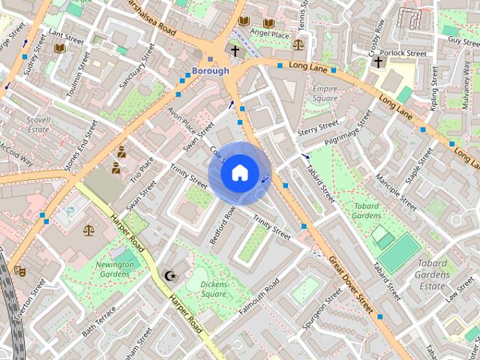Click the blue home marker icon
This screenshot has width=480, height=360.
coord(238,173)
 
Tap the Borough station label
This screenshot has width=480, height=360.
coord(210,71)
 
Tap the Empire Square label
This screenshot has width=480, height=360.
coord(325,94)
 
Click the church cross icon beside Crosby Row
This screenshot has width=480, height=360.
coord(378,62)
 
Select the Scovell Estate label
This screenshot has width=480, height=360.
coord(38,124)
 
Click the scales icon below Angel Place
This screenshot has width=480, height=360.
coord(298,44)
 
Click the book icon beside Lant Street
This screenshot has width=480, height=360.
coord(59,48)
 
